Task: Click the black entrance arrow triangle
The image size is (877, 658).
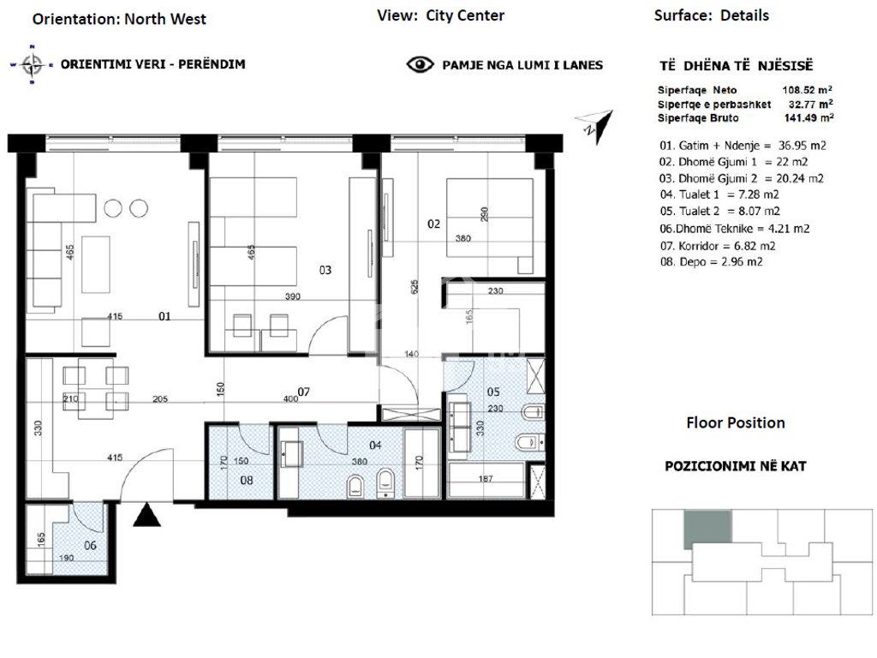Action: click(x=147, y=515)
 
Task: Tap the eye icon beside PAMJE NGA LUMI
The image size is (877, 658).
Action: click(x=420, y=65)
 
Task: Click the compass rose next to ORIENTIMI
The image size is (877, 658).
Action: click(x=32, y=65)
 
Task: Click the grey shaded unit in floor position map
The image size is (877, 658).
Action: click(x=707, y=529)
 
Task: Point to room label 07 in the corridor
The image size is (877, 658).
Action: click(x=304, y=392)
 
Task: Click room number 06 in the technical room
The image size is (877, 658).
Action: click(x=90, y=545)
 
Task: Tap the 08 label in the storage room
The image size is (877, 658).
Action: click(x=247, y=480)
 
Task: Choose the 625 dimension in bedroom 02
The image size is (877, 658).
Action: click(x=415, y=287)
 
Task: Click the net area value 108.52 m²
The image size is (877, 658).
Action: click(x=807, y=89)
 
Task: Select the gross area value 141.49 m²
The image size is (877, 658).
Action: click(x=808, y=117)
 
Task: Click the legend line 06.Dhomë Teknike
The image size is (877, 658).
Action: click(x=734, y=228)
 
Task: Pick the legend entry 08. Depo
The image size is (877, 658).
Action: click(x=711, y=261)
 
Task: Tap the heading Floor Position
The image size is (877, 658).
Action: click(x=736, y=422)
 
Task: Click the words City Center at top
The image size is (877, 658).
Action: click(x=465, y=15)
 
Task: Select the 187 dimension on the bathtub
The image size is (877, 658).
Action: click(x=486, y=478)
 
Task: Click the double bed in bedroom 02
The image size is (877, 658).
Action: click(x=489, y=226)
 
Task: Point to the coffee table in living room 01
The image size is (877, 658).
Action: click(x=96, y=264)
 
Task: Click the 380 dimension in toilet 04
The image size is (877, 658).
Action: click(x=360, y=462)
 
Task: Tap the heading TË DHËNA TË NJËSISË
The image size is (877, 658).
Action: click(x=736, y=66)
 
